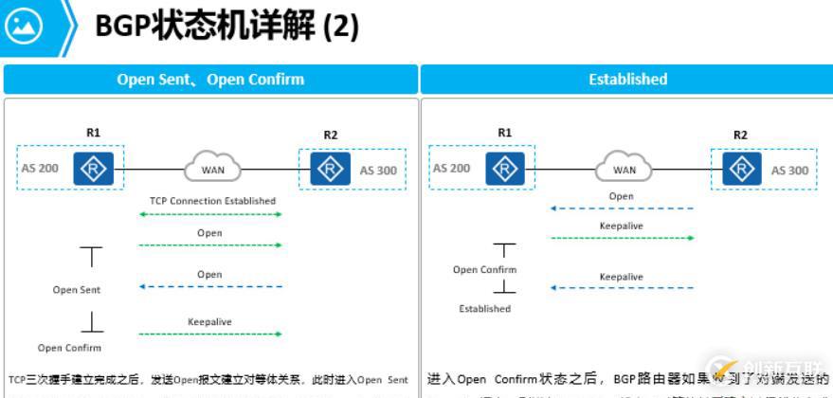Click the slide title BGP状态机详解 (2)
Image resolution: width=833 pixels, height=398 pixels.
226,26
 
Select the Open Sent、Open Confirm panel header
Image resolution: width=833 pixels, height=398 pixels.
210,80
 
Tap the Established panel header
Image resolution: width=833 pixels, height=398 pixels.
627,80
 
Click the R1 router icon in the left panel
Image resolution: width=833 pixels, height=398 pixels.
93,169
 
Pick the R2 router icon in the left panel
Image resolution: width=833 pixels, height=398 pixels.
329,170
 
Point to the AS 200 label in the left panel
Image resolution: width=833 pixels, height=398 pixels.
40,169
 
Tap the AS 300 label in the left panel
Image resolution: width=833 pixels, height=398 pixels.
378,171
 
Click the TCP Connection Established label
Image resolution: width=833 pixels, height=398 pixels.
212,201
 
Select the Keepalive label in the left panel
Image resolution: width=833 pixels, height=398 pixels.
210,322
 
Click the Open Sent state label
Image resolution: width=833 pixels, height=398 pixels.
77,290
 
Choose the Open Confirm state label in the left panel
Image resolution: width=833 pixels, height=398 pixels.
70,348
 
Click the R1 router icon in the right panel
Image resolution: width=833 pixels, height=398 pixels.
504,169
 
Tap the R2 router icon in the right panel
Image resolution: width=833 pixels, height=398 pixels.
741,170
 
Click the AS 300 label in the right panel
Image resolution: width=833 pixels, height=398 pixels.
789,171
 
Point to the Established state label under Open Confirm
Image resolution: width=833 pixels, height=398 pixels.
485,309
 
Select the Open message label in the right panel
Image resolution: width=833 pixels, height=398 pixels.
621,197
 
